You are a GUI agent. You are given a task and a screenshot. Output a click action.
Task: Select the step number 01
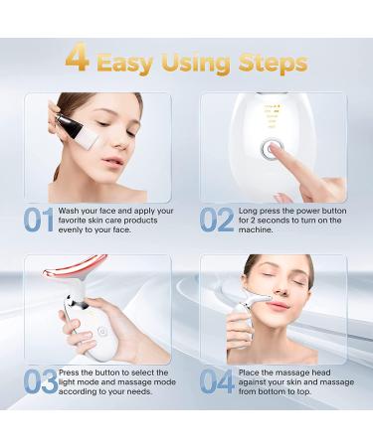pyautogui.click(x=39, y=219)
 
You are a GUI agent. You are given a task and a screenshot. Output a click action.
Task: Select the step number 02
pyautogui.click(x=217, y=219)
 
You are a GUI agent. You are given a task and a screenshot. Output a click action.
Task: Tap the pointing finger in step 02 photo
pyautogui.click(x=298, y=169)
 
